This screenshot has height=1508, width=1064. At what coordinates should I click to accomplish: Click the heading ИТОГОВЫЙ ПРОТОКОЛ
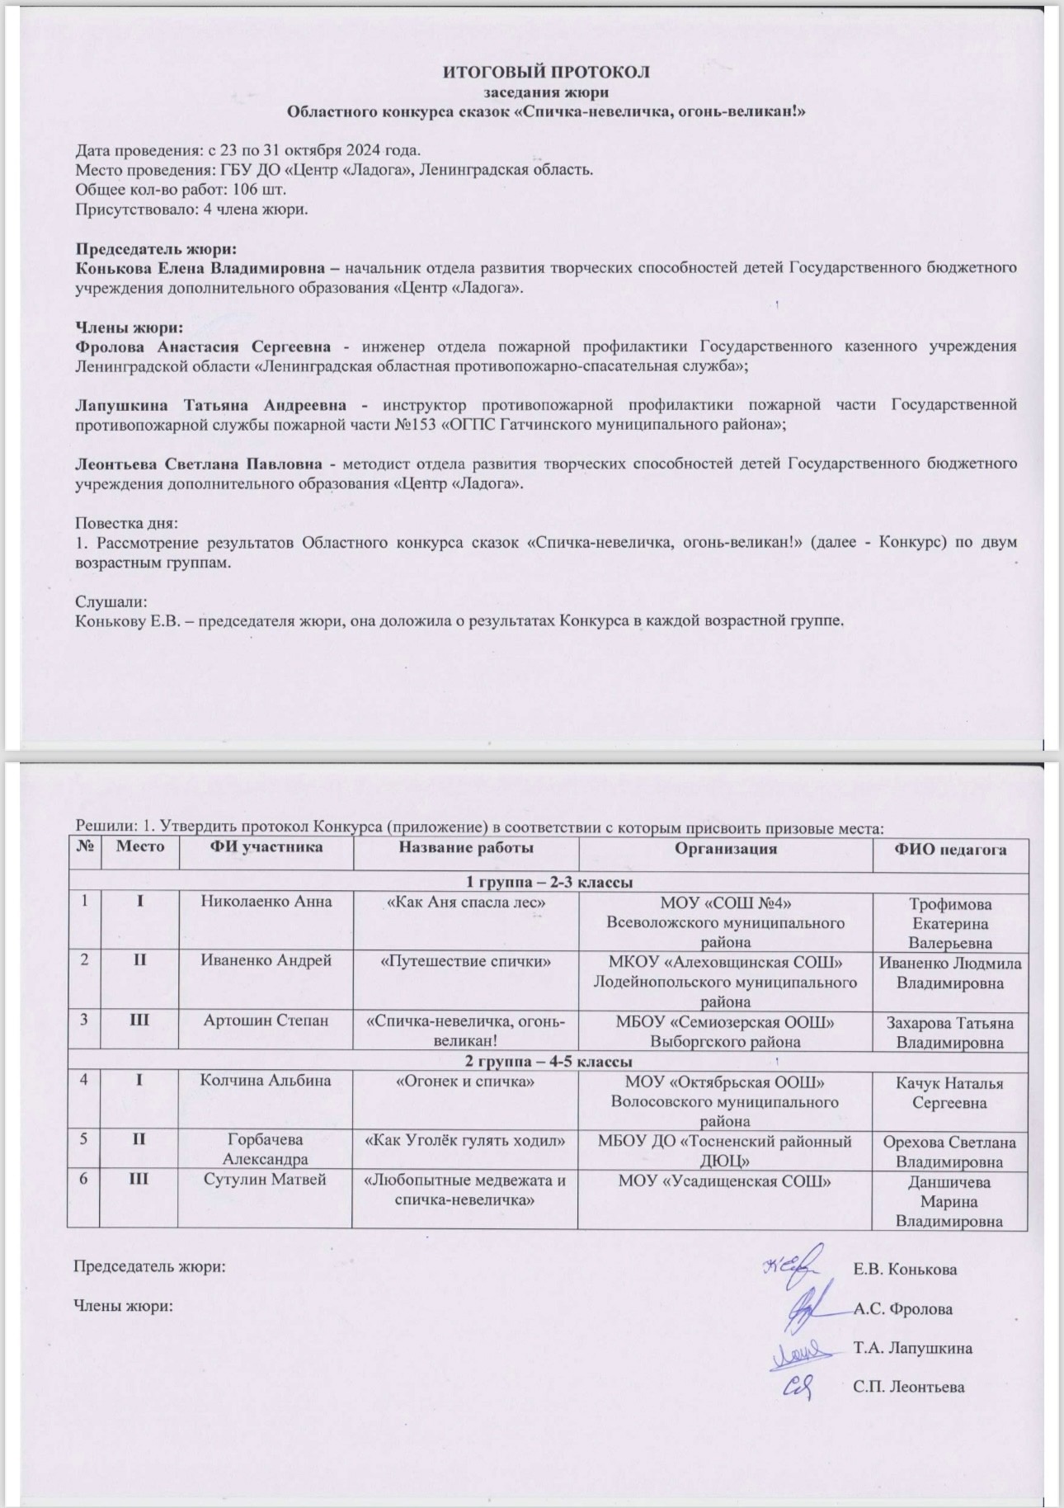546,72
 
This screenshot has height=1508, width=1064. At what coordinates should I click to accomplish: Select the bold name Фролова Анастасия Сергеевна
203,346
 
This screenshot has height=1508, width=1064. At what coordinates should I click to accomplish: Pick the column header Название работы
465,847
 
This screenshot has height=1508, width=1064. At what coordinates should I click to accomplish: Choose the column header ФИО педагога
950,849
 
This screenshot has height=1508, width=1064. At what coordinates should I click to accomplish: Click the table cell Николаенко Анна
266,902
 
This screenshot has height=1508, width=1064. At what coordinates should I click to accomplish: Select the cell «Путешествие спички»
465,961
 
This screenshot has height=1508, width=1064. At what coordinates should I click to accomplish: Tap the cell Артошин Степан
266,1020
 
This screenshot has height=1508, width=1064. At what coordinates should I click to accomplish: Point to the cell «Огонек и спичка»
465,1081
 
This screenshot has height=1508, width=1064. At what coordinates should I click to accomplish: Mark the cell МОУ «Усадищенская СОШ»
725,1180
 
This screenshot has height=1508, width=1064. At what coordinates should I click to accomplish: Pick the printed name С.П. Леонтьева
908,1387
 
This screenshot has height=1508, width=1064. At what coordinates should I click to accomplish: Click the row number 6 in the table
84,1180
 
